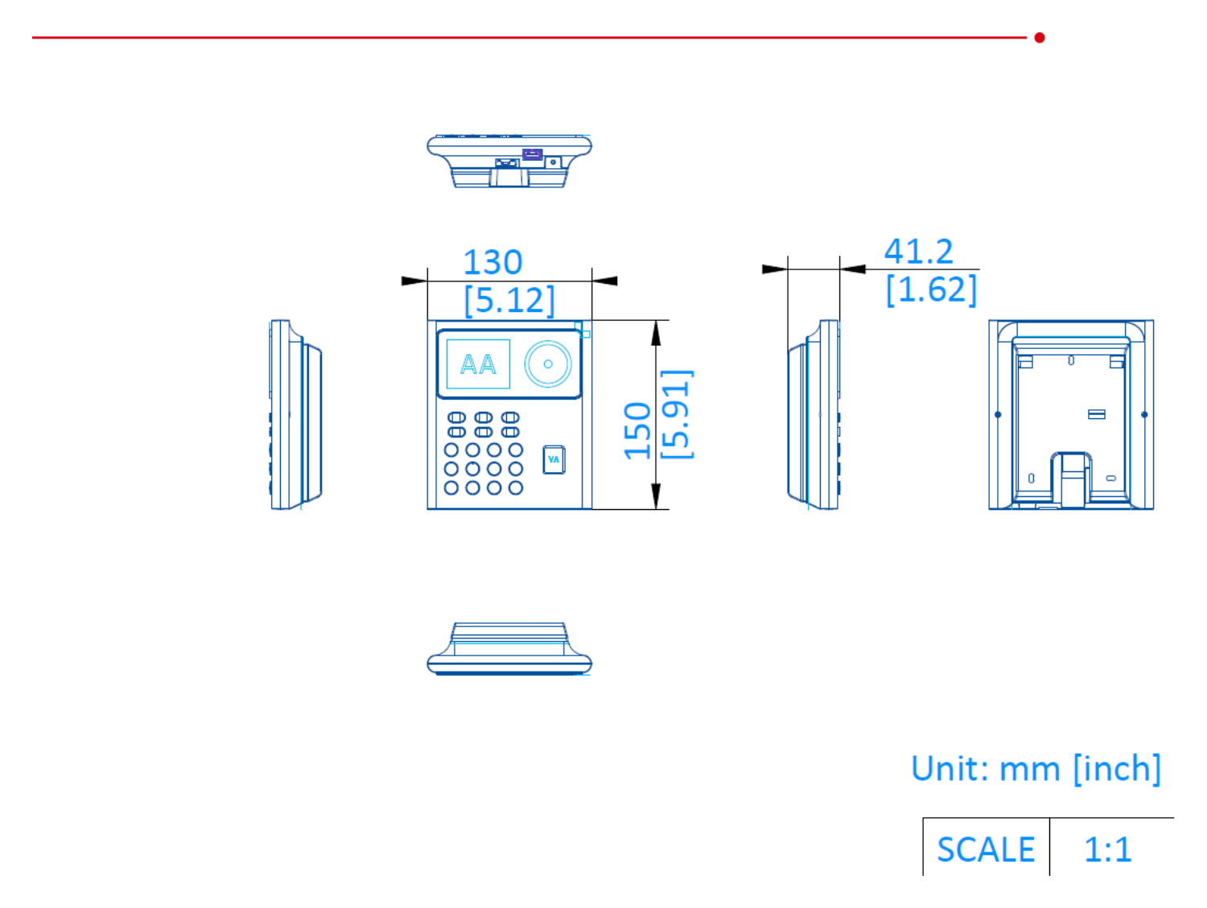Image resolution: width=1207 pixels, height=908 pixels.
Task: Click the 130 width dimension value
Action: coord(492,263)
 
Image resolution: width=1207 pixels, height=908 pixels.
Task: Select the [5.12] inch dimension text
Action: coord(509,300)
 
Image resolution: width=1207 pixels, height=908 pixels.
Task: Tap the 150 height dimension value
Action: coord(637,430)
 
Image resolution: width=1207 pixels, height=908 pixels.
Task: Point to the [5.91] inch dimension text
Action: coord(676,414)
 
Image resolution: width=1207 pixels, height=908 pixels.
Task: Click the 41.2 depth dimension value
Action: coord(918,252)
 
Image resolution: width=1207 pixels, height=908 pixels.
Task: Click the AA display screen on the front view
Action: coord(477,364)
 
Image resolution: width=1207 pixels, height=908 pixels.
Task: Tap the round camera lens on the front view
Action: coord(548,364)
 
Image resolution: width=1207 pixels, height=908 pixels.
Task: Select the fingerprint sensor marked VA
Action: coord(553,459)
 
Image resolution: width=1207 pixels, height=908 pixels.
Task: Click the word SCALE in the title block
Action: coord(985,850)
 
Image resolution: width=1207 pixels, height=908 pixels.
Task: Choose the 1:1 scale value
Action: coord(1107,850)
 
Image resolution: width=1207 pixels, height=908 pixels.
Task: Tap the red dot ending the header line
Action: coord(1039,37)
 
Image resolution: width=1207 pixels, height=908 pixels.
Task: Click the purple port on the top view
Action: coord(532,154)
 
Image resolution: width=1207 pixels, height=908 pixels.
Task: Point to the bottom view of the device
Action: coord(509,648)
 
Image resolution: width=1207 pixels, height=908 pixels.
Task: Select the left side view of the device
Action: coord(295,414)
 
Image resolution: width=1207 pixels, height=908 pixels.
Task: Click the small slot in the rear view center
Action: coord(1096,414)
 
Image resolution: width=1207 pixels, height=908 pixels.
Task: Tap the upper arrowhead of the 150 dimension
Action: coord(656,332)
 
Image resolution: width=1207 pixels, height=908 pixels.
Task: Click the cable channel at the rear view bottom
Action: coord(1070,480)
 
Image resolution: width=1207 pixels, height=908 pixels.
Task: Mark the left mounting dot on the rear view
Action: coord(998,414)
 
